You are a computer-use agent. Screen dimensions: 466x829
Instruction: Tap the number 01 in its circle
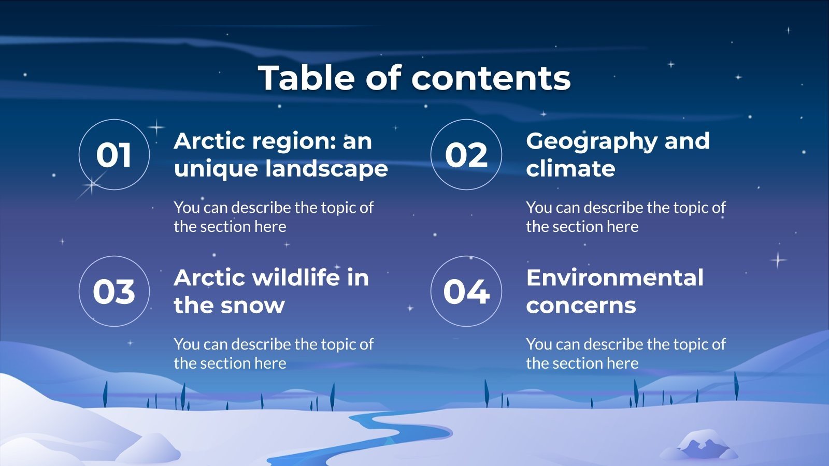click(x=114, y=155)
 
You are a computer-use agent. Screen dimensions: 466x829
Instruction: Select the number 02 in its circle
click(x=466, y=155)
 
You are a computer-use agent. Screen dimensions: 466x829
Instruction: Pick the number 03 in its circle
click(x=114, y=292)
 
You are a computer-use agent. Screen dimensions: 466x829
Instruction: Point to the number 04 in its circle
click(x=466, y=292)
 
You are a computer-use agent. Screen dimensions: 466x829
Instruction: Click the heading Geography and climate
click(x=618, y=154)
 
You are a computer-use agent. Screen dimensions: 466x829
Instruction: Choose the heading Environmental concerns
click(x=614, y=291)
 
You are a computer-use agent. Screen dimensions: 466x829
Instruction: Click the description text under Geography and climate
click(x=625, y=217)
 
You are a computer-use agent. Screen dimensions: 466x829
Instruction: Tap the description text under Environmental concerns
click(x=625, y=354)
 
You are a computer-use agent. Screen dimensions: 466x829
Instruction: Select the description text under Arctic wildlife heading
click(x=273, y=354)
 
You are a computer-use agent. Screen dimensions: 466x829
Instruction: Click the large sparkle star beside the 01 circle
click(x=91, y=185)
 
